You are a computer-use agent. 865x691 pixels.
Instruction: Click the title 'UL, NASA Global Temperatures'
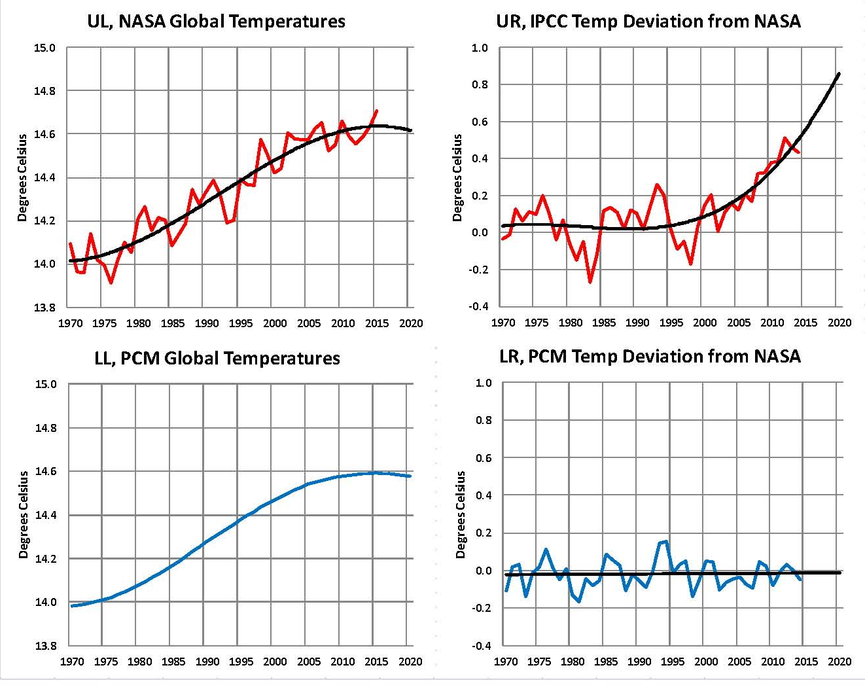click(216, 21)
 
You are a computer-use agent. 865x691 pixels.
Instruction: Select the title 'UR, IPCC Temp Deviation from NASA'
click(648, 21)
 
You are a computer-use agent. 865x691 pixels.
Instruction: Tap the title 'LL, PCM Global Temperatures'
click(217, 358)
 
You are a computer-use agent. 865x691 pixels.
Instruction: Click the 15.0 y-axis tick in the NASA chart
click(45, 48)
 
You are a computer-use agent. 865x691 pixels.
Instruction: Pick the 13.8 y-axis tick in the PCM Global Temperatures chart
click(45, 646)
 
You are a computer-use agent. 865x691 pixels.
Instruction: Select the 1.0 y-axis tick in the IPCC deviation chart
click(480, 48)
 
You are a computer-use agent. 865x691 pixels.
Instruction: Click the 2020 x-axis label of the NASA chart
click(411, 323)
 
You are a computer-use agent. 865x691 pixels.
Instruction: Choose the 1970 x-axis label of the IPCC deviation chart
click(503, 323)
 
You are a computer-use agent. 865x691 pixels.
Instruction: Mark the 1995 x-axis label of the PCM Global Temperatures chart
click(241, 662)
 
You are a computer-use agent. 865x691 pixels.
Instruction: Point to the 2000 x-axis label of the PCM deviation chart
click(706, 662)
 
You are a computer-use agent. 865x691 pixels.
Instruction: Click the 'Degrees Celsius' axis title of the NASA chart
click(23, 177)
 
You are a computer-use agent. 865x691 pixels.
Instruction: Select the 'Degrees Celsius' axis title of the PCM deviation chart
click(461, 514)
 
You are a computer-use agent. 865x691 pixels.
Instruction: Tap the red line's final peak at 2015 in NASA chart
click(377, 111)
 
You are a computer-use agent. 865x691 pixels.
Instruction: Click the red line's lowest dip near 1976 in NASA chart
click(111, 283)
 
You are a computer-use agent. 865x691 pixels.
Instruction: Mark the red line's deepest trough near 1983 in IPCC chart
click(590, 282)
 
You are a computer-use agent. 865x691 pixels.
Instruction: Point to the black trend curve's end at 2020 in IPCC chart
click(839, 73)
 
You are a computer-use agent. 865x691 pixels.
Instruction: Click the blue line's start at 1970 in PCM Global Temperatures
click(72, 606)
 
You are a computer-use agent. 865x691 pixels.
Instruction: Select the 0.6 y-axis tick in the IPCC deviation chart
click(480, 122)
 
